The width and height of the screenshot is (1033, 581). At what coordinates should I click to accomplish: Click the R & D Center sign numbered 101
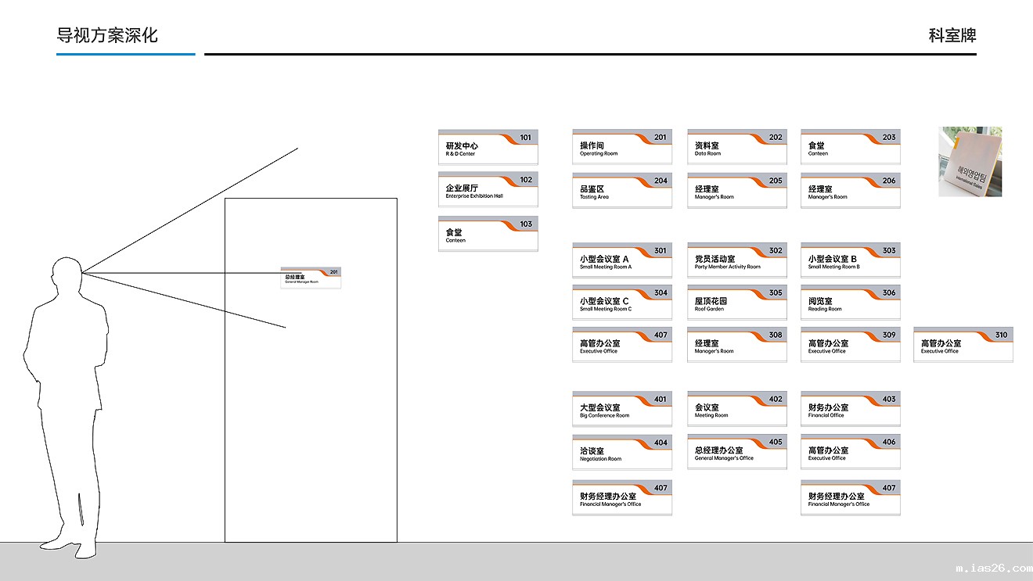pyautogui.click(x=488, y=147)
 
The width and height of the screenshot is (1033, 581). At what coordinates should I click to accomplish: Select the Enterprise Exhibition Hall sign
pyautogui.click(x=488, y=189)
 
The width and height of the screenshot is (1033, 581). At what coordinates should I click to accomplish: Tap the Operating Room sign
pyautogui.click(x=621, y=147)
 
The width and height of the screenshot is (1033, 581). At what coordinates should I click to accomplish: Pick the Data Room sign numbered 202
pyautogui.click(x=736, y=147)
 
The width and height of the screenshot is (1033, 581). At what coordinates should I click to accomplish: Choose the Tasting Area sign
pyautogui.click(x=621, y=190)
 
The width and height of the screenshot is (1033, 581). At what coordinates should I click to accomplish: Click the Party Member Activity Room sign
pyautogui.click(x=736, y=260)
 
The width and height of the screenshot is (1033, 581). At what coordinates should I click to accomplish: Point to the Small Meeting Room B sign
pyautogui.click(x=850, y=260)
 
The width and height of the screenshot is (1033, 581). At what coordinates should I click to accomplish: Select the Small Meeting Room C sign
pyautogui.click(x=621, y=303)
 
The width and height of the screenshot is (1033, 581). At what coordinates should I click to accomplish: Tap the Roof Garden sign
pyautogui.click(x=736, y=303)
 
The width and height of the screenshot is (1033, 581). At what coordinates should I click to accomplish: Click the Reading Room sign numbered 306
pyautogui.click(x=850, y=303)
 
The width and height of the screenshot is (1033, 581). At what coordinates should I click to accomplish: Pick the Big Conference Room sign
pyautogui.click(x=621, y=409)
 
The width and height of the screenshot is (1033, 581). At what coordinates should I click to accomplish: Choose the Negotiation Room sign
pyautogui.click(x=621, y=452)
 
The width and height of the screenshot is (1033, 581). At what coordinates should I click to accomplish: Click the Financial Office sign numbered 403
pyautogui.click(x=850, y=409)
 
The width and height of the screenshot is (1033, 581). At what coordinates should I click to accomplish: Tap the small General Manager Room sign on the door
pyautogui.click(x=311, y=278)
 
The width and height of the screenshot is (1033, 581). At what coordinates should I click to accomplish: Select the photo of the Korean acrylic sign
pyautogui.click(x=970, y=162)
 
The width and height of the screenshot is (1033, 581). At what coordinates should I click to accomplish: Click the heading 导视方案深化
pyautogui.click(x=107, y=35)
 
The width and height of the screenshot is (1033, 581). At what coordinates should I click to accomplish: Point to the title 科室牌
pyautogui.click(x=952, y=35)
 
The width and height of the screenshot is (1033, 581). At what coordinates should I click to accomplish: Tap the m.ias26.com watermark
pyautogui.click(x=993, y=568)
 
